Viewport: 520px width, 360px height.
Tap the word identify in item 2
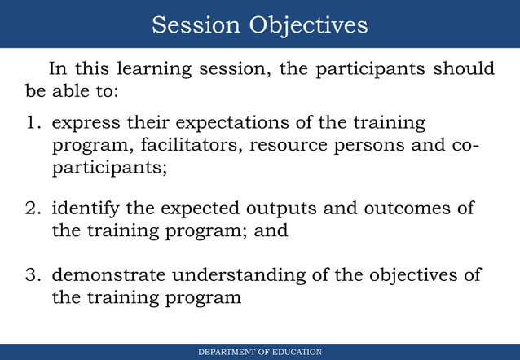coord(86,208)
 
